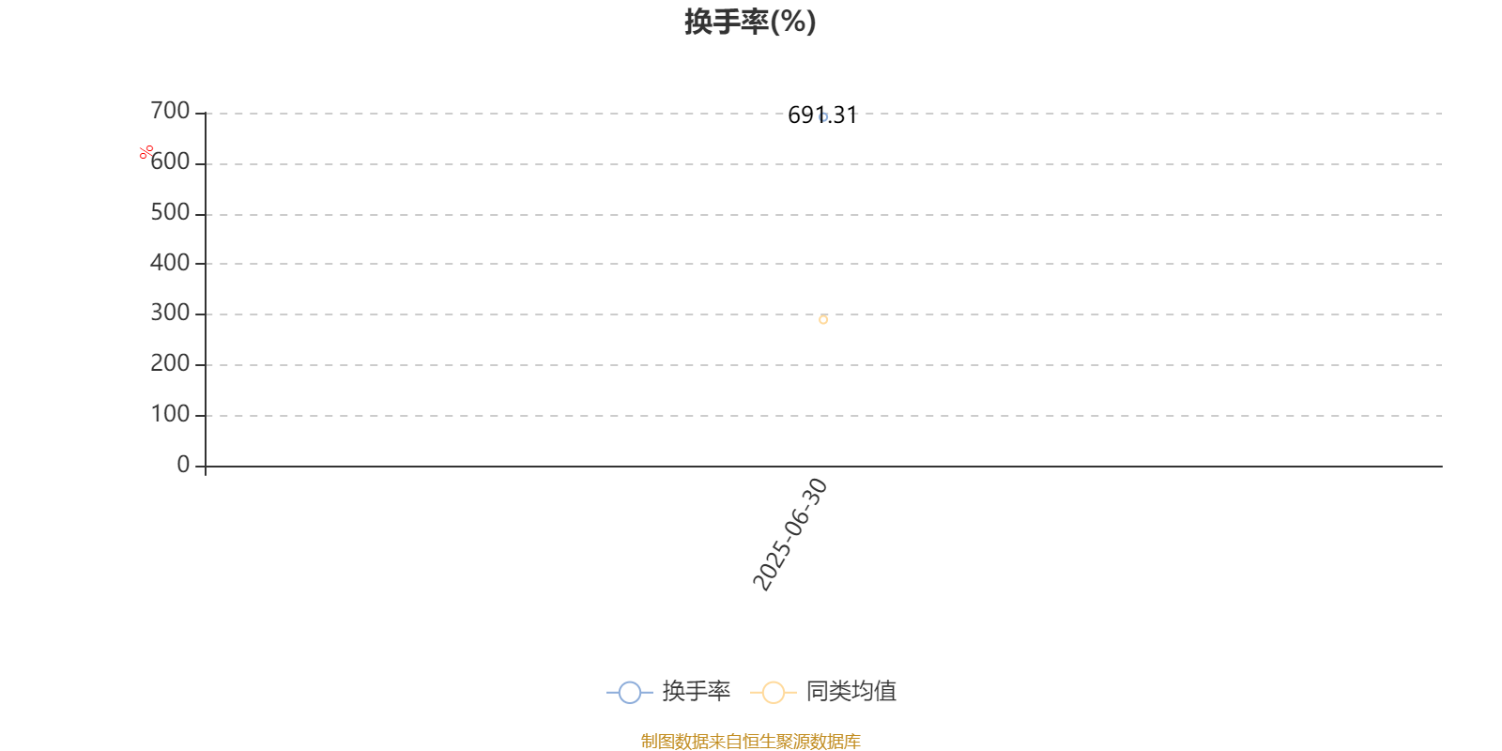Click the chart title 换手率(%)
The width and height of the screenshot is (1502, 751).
750,22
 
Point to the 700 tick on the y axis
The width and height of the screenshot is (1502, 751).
170,111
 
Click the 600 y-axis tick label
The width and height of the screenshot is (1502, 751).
170,161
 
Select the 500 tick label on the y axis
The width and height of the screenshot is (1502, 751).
170,212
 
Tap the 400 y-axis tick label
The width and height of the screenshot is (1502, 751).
170,262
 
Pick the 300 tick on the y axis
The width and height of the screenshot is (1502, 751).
170,313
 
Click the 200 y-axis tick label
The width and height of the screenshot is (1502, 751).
170,363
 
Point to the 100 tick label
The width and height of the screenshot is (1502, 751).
170,414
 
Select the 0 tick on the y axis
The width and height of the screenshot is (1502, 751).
183,464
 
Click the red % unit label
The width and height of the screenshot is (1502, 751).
146,153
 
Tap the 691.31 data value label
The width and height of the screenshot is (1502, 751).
822,115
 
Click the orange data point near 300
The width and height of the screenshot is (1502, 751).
823,320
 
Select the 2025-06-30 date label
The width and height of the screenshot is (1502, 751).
790,534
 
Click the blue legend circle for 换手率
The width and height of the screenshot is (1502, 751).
630,692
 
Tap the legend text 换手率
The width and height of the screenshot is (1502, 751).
696,691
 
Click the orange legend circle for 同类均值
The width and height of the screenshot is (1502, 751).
774,692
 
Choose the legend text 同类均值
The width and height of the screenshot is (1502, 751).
851,691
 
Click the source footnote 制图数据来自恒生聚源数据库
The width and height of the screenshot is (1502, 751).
750,741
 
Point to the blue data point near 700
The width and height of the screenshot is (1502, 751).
823,117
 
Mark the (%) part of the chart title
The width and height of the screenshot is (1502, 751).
793,22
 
